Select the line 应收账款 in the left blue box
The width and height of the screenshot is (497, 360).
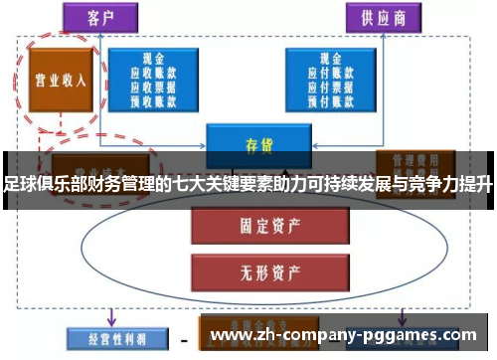[151, 73]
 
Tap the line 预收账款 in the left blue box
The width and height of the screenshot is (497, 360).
[151, 98]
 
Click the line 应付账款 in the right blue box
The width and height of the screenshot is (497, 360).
[332, 73]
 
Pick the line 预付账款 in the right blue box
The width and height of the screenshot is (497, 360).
[332, 98]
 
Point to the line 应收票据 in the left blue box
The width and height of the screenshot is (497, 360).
[151, 86]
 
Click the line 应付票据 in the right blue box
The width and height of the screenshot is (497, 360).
[332, 86]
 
